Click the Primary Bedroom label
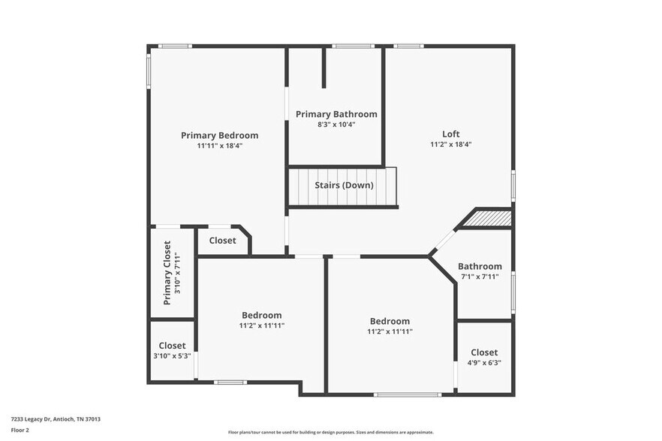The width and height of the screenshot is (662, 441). [219, 135]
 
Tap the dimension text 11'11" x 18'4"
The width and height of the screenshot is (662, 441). [219, 145]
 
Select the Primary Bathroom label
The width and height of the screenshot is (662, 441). [336, 114]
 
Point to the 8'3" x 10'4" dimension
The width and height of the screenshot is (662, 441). [336, 124]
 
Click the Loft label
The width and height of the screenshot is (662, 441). [450, 133]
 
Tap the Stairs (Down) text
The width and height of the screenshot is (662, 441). [344, 185]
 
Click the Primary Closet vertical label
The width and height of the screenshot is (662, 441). [167, 272]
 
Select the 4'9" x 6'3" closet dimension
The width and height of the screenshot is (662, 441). [484, 362]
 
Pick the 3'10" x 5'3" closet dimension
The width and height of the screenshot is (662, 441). [172, 356]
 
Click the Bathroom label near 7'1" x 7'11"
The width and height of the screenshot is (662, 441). [480, 266]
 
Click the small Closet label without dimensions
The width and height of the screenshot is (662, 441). [222, 241]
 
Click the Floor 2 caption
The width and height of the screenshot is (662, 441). [20, 430]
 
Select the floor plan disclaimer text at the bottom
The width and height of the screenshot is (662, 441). [330, 432]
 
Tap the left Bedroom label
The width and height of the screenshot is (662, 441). [261, 315]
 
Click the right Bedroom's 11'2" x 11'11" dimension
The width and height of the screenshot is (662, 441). [390, 331]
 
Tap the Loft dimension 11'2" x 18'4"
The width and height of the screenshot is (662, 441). [450, 144]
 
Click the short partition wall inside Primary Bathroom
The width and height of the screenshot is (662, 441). [323, 67]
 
